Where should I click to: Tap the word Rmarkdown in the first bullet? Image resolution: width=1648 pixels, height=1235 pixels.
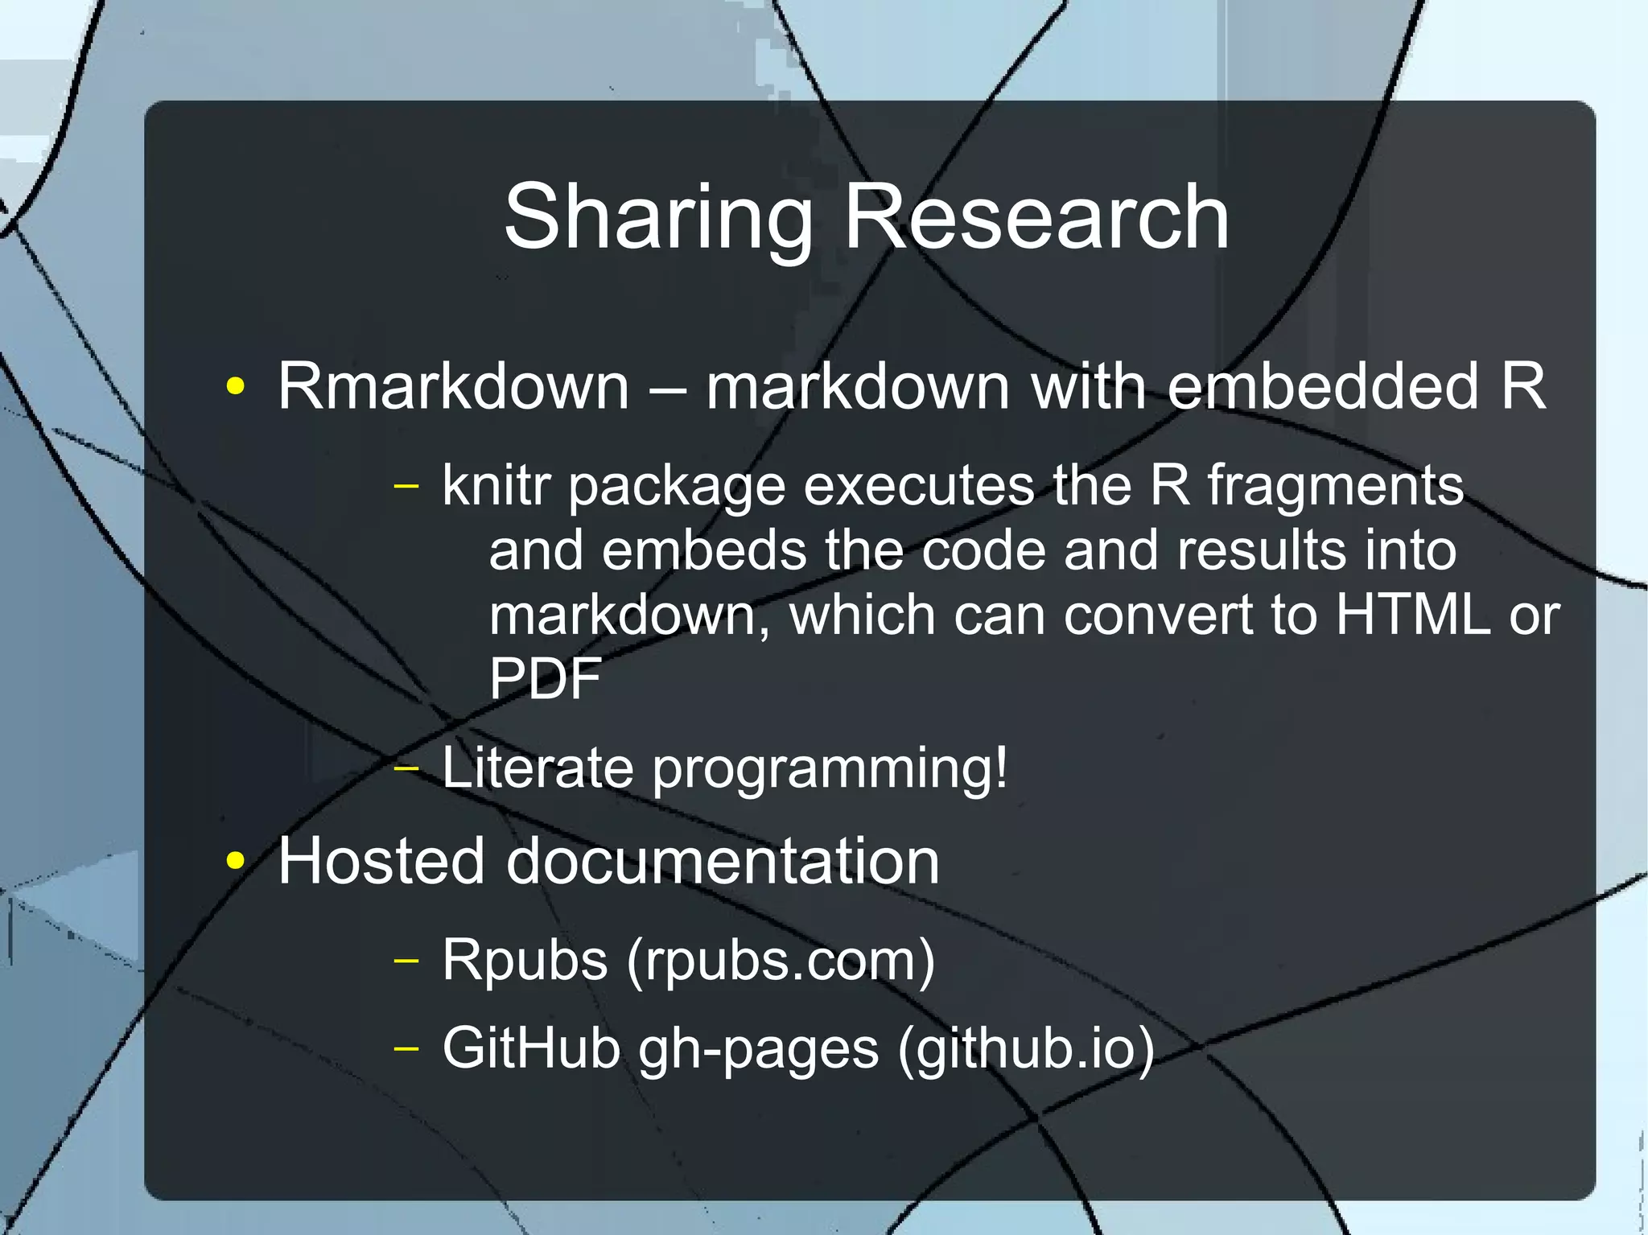pos(453,387)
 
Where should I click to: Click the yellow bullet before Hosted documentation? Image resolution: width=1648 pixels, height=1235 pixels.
pos(235,862)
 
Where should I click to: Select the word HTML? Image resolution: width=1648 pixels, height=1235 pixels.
pos(1412,615)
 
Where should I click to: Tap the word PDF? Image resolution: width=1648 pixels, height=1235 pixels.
pos(546,679)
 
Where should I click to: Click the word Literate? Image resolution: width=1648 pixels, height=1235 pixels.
pos(538,768)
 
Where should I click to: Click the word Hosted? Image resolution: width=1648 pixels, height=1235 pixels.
pos(381,861)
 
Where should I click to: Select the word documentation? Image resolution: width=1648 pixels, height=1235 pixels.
pos(722,861)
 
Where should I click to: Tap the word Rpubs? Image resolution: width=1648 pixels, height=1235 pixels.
pos(525,960)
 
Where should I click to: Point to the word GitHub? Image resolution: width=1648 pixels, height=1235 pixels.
pos(531,1048)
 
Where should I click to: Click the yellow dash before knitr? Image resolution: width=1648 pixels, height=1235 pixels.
pos(407,486)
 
